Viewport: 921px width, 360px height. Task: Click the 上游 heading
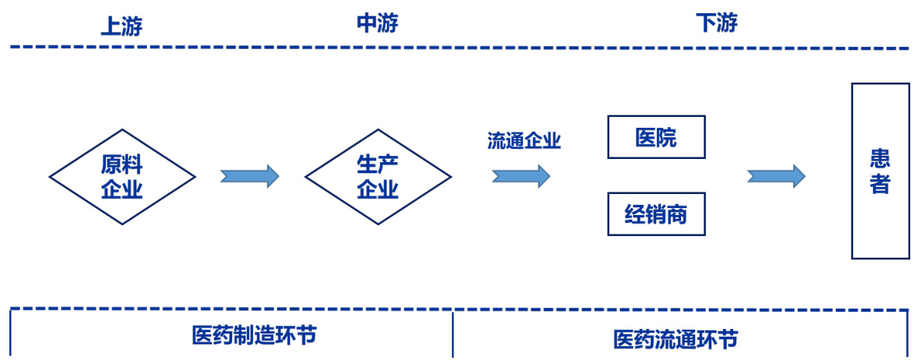[x=121, y=26]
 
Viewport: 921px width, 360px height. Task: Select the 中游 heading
[x=377, y=23]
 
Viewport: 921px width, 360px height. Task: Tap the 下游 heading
[x=716, y=23]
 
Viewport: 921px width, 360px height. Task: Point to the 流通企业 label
[x=524, y=141]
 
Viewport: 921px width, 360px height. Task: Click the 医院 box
[x=656, y=137]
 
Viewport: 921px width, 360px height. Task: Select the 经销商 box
[x=656, y=214]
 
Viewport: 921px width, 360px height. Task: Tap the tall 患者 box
[x=880, y=171]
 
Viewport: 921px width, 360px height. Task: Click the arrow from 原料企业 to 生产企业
[x=249, y=176]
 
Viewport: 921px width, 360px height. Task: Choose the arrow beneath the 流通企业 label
[x=520, y=176]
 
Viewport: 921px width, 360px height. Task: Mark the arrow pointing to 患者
[x=776, y=176]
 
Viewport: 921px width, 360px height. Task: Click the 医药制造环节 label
[x=254, y=335]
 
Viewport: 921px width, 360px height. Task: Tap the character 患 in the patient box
[x=880, y=160]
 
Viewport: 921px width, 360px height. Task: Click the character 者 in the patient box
[x=880, y=185]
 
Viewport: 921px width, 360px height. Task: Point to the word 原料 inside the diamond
[x=122, y=164]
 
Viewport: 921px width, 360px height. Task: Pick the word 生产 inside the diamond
[x=378, y=164]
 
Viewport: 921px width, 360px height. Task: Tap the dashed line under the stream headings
[x=460, y=48]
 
